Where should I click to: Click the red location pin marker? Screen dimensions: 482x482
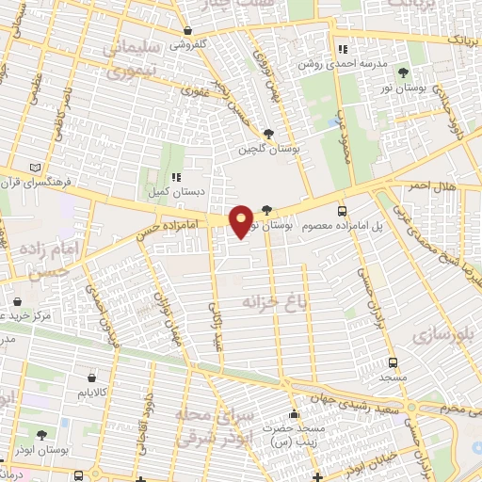pos(241,220)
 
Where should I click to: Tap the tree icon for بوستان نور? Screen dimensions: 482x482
pos(404,72)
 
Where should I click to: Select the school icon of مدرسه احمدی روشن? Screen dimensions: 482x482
pos(343,49)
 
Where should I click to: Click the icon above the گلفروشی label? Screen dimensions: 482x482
pos(189,30)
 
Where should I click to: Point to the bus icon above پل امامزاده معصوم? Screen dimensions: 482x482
pos(341,211)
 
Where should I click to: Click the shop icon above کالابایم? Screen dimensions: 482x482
pos(91,377)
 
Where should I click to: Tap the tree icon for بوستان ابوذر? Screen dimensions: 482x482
pos(43,435)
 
